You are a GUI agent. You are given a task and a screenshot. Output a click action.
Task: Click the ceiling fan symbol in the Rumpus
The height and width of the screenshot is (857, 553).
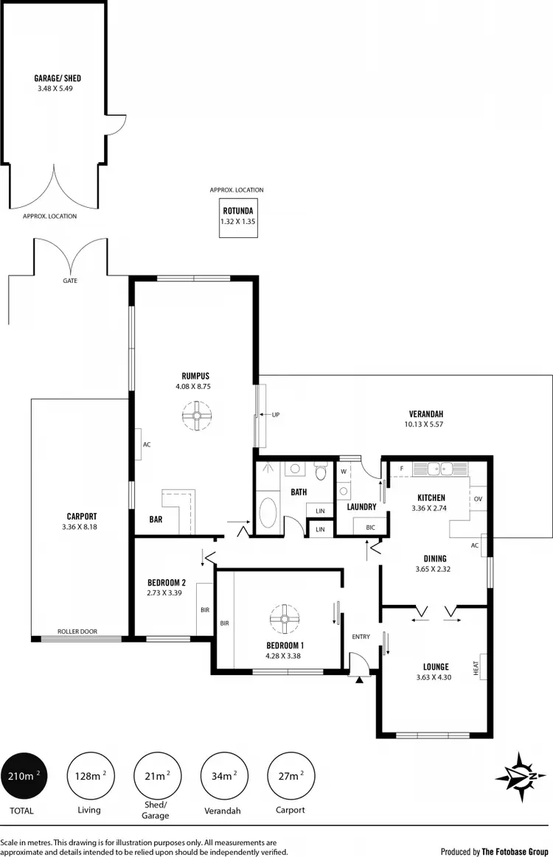pos(197,416)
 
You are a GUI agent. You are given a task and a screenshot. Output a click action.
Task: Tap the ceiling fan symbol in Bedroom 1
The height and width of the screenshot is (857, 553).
pos(283,619)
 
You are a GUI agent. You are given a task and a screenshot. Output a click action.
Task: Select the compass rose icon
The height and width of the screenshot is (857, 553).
pos(521,777)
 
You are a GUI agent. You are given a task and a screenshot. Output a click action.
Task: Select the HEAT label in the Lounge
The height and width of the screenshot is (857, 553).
pos(477,667)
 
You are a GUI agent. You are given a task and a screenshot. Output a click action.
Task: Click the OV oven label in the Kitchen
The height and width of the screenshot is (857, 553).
pos(478,499)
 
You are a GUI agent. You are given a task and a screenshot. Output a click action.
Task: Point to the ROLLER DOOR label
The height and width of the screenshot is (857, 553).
pos(77,632)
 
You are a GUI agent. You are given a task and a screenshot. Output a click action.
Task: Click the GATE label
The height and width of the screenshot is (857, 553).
pos(70,281)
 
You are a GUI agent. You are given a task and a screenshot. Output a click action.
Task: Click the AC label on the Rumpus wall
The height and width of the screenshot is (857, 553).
pos(146,444)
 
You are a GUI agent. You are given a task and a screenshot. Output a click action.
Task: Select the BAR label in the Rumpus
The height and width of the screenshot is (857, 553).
pos(156,520)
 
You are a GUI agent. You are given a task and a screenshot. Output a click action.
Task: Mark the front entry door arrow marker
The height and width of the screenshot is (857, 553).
pos(359,682)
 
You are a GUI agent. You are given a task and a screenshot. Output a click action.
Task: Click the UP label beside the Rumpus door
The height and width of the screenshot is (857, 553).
pos(276,414)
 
